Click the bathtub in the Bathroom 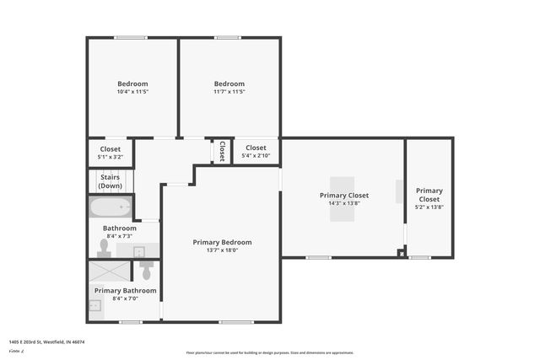[x=111, y=207]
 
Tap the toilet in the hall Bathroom [x=105, y=247]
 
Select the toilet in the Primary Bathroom [x=146, y=271]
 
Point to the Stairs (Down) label [x=111, y=181]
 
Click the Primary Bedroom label [x=222, y=242]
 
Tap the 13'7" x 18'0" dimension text [x=222, y=250]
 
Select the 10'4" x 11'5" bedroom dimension [x=132, y=92]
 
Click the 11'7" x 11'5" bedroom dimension [x=229, y=92]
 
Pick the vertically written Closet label [x=222, y=151]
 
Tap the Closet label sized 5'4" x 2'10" [x=256, y=148]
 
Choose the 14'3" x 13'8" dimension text [x=343, y=203]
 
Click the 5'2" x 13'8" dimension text [x=429, y=207]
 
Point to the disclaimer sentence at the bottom [x=270, y=352]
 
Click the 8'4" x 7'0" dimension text [x=124, y=298]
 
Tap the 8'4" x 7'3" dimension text [x=120, y=236]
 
